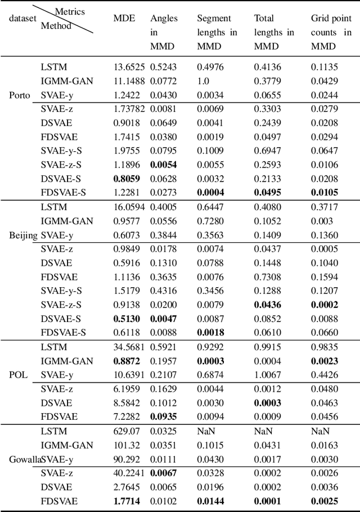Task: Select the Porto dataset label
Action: [x=20, y=95]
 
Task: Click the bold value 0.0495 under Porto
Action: [x=268, y=193]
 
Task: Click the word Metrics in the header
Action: [x=70, y=11]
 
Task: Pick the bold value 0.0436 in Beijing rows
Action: [x=268, y=305]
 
